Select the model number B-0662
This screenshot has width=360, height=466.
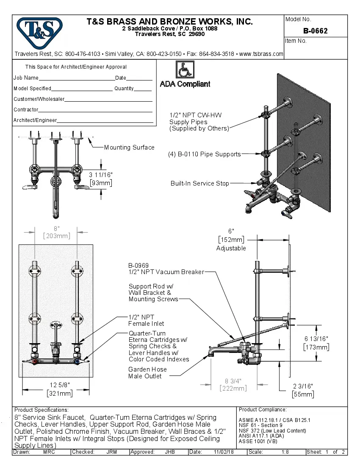pos(315,31)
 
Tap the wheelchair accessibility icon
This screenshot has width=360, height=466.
pos(185,69)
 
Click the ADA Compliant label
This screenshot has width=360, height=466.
pos(185,84)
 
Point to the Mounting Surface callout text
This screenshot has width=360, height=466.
pos(129,147)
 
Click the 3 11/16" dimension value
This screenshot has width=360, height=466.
pos(101,175)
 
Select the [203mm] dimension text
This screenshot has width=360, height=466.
pos(57,236)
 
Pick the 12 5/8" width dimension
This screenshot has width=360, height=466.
pos(59,385)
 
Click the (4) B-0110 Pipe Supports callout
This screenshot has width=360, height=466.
pos(204,154)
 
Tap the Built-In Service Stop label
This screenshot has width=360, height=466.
pos(199,183)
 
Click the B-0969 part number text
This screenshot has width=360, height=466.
pos(138,266)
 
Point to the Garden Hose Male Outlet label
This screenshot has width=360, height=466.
pos(147,373)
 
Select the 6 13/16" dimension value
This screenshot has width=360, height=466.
pos(316,339)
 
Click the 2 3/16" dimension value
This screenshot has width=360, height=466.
pos(303,386)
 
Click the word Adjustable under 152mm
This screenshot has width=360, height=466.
pos(231,248)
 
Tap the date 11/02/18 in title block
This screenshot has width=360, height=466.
pos(224,452)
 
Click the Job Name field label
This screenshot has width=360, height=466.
pos(26,78)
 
